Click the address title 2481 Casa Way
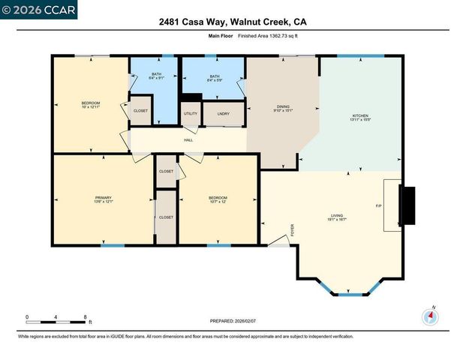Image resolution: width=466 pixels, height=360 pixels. click(x=232, y=22)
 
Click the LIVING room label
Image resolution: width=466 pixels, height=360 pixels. click(x=336, y=216)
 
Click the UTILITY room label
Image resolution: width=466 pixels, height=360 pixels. click(x=191, y=114)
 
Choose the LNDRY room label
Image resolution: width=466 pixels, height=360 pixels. click(x=224, y=114)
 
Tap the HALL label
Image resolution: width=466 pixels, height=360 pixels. click(x=189, y=139)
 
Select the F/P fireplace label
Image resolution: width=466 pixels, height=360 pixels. click(x=379, y=205)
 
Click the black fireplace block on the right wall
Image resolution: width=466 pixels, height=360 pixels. click(x=408, y=205)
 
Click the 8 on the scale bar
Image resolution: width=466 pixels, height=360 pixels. click(x=86, y=317)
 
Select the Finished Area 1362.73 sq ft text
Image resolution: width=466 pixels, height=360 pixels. click(x=269, y=36)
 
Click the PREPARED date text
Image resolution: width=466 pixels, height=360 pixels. click(x=233, y=320)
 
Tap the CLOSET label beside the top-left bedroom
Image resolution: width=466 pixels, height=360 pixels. click(x=140, y=110)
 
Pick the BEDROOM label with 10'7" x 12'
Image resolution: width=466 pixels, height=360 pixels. click(x=218, y=198)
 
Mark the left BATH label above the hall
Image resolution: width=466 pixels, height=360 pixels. click(x=156, y=74)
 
